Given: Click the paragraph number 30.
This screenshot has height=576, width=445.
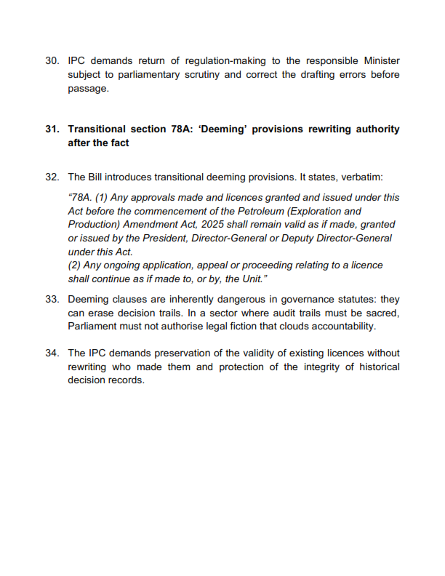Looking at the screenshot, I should click(x=52, y=61).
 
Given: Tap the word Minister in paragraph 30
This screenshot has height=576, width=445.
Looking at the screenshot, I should click(x=380, y=61).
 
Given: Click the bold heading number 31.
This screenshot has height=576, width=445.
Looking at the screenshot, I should click(x=52, y=129).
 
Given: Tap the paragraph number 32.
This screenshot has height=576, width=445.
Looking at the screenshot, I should click(x=52, y=177).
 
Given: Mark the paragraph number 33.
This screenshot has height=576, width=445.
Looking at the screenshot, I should click(x=52, y=300).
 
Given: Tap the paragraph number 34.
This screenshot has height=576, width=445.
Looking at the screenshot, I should click(x=52, y=353).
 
